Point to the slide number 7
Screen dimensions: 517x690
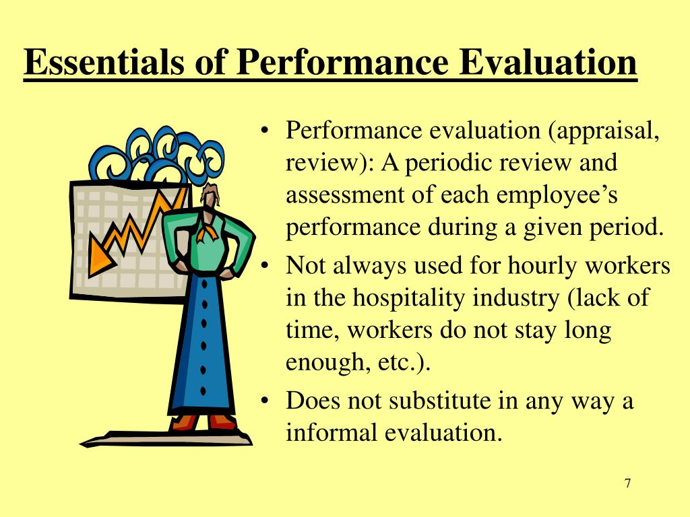click(627, 483)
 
